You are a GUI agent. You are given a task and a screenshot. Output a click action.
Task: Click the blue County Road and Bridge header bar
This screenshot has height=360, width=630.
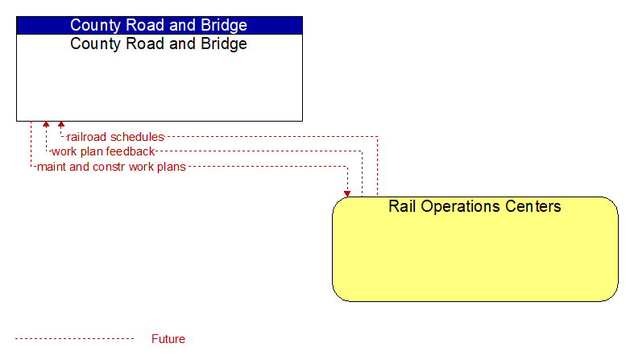160,25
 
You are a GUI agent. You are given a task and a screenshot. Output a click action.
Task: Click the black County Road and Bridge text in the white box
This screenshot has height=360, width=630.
159,43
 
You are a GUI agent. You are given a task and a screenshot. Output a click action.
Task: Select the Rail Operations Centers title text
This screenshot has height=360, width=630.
475,206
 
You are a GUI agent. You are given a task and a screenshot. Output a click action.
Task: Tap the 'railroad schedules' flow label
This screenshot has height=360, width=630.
115,137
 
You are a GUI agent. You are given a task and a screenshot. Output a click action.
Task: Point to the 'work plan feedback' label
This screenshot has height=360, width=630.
103,151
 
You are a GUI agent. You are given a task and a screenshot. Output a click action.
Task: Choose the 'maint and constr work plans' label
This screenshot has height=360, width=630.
111,167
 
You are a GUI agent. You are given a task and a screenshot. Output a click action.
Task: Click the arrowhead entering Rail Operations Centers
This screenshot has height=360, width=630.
347,194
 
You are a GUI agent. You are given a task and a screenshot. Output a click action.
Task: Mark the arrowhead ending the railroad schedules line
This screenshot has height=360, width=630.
61,124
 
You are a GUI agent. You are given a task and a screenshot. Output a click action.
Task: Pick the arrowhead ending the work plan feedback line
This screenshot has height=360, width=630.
46,124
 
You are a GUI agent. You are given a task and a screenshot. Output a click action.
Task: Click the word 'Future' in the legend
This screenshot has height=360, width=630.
168,339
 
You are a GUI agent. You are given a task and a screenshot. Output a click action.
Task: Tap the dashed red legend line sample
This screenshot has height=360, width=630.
75,339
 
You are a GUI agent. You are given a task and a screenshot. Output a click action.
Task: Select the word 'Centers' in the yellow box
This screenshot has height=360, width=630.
533,206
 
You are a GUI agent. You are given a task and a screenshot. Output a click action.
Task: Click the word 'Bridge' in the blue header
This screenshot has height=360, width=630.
224,25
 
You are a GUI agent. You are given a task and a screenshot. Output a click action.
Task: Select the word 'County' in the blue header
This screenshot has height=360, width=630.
96,26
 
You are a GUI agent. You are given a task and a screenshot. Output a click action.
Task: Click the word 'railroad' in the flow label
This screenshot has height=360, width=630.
86,137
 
